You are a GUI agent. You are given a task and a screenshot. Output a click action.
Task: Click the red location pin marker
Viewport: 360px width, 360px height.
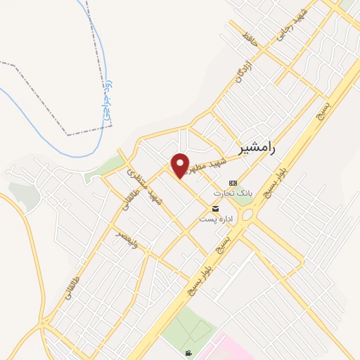[181, 165]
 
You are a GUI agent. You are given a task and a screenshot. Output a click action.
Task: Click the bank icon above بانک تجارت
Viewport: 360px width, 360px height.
[233, 181]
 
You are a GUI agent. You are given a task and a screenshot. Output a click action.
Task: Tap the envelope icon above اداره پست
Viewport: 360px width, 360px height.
[215, 209]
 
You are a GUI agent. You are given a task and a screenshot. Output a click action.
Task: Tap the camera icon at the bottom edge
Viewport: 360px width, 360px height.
[188, 353]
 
